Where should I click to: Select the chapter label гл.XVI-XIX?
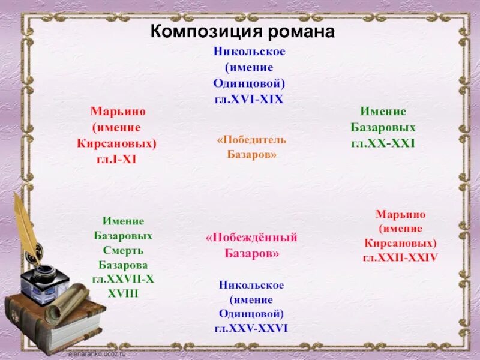[x=248, y=99]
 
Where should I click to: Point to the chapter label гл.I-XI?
[x=118, y=159]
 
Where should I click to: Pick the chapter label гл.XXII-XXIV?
[x=400, y=257]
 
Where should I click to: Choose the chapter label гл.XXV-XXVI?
[x=251, y=328]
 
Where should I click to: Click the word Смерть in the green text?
[x=122, y=250]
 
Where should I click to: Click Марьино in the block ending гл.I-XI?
[x=118, y=112]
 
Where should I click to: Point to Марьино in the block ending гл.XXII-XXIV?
[x=400, y=214]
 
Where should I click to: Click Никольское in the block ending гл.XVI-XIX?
[x=249, y=52]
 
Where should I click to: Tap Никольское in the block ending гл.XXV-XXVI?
[x=251, y=285]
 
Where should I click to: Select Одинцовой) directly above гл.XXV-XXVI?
[x=251, y=314]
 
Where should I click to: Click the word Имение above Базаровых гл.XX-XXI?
[x=383, y=112]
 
